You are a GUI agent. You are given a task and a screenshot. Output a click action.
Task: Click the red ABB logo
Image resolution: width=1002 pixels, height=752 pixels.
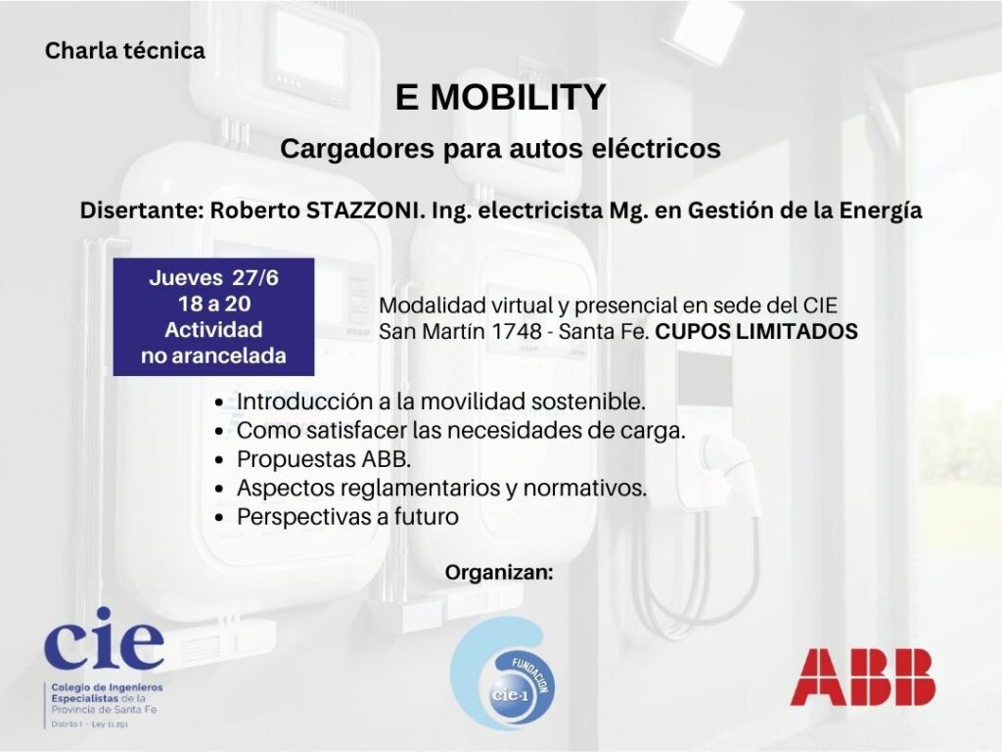(x=863, y=677)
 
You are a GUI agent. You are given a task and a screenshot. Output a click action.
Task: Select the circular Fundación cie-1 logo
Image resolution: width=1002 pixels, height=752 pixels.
(x=503, y=674)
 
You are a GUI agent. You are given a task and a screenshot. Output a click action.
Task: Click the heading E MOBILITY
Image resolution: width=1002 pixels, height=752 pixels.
(x=500, y=97)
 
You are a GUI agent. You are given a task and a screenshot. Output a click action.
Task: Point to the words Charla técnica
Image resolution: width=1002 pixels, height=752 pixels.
(x=125, y=51)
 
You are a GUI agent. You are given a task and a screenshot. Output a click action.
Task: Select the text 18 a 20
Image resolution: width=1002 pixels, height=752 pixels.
(x=214, y=304)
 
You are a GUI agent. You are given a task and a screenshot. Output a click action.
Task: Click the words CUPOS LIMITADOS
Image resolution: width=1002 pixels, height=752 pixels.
(x=756, y=331)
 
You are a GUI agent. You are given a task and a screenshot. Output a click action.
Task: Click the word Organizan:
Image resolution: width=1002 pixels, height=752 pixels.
(x=499, y=572)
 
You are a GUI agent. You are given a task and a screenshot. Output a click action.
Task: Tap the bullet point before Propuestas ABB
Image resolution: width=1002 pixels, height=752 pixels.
(x=220, y=460)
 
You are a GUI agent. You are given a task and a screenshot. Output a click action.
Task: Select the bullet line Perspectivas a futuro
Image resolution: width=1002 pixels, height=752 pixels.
(x=347, y=517)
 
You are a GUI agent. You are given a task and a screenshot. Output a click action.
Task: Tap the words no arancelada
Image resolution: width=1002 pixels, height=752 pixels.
(x=213, y=355)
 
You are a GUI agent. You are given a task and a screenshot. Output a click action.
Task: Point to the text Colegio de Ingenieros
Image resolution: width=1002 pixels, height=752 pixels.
(x=108, y=687)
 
